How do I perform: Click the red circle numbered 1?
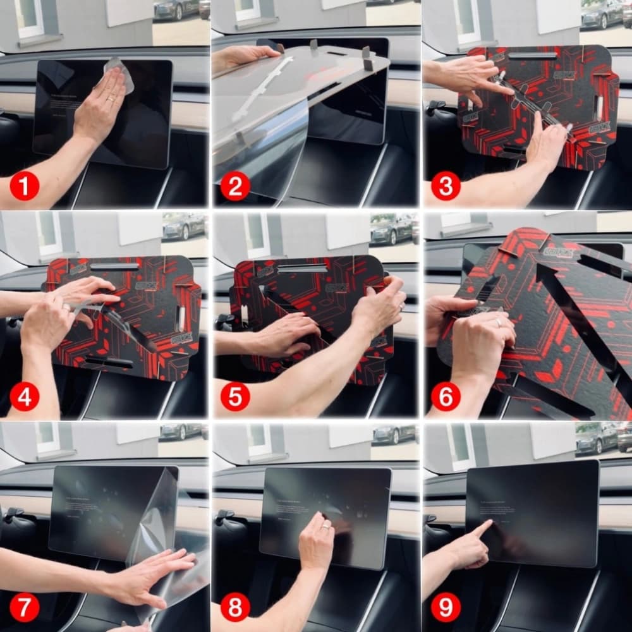click(x=25, y=186)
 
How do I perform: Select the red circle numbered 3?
click(x=446, y=186)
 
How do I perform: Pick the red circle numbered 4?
click(x=25, y=397)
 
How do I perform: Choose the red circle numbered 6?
click(x=446, y=397)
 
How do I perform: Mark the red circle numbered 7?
click(x=25, y=607)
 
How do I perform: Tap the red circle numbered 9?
click(x=446, y=607)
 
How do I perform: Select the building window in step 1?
click(x=29, y=18)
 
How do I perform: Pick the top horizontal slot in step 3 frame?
click(x=532, y=56)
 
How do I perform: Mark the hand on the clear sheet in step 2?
click(x=243, y=57)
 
